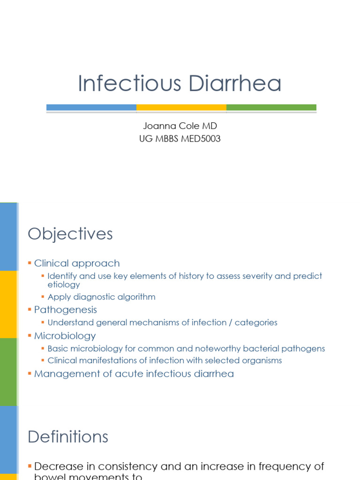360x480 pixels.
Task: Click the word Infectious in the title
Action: tap(129, 84)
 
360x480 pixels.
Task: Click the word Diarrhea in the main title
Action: tap(235, 84)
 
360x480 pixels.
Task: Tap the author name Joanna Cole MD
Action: tap(180, 126)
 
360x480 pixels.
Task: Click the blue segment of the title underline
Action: tap(91, 107)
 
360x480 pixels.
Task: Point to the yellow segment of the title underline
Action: tap(181, 107)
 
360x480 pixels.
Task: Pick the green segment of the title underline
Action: tap(271, 107)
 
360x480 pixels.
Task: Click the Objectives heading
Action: tap(70, 234)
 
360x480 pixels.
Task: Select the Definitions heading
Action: tap(68, 436)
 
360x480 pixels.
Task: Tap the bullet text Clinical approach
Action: tap(77, 263)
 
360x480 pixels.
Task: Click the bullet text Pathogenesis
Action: tap(66, 310)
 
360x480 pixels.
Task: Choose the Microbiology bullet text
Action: tap(65, 336)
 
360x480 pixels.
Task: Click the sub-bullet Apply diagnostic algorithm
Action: tap(101, 297)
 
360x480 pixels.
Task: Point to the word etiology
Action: tap(64, 285)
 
